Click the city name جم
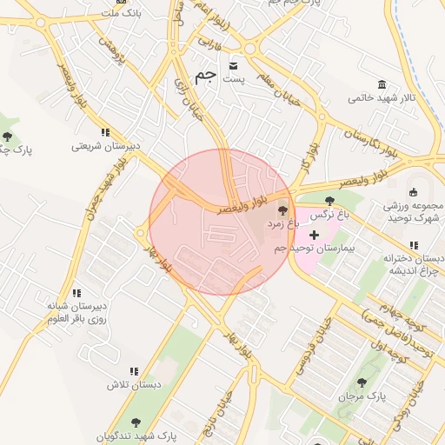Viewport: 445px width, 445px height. pos(205,76)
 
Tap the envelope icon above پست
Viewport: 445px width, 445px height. pos(233,65)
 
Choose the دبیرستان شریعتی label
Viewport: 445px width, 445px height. pos(105,146)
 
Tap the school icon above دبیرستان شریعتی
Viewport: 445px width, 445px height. pos(105,132)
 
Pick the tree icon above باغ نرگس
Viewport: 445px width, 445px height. pos(329,201)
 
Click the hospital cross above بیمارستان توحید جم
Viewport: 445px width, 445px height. pos(314,235)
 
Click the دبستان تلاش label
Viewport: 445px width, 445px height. pos(133,384)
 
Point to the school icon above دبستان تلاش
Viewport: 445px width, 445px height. pos(133,371)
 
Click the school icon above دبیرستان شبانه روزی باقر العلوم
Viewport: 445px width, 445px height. pos(76,293)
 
